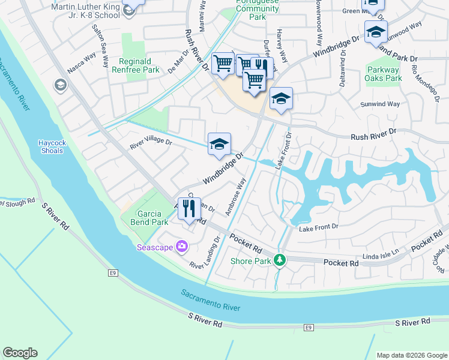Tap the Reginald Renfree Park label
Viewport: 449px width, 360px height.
click(x=139, y=65)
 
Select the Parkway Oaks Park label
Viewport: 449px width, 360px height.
click(x=384, y=74)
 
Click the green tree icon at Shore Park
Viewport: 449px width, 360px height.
click(x=279, y=260)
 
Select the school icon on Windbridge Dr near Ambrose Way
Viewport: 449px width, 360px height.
click(x=220, y=144)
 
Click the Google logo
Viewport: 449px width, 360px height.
click(x=20, y=353)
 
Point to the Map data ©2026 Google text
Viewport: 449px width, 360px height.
click(x=411, y=355)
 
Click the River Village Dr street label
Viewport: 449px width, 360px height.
click(x=151, y=145)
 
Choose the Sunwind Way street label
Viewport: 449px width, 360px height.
click(x=380, y=104)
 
